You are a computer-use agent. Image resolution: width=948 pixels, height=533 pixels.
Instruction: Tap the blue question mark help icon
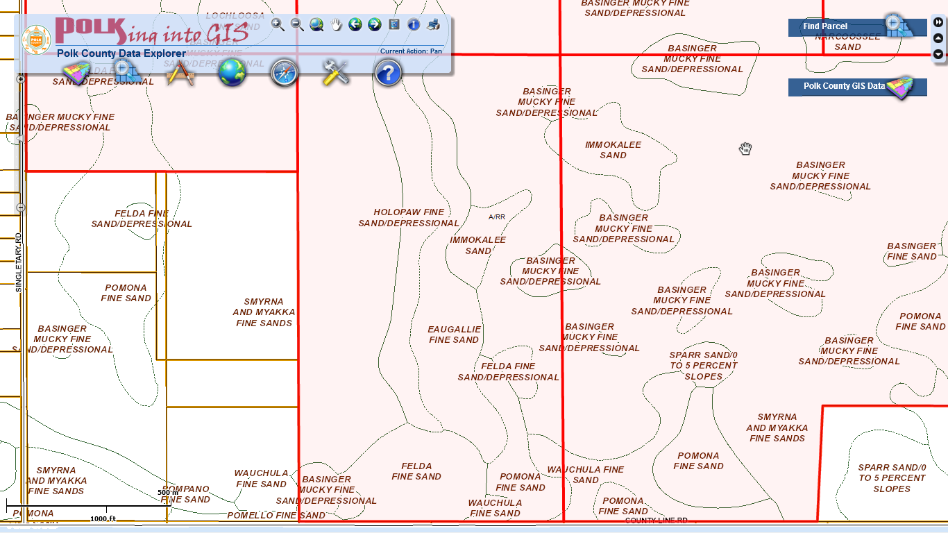tap(388, 72)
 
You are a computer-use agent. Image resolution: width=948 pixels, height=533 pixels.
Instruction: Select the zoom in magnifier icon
tap(278, 25)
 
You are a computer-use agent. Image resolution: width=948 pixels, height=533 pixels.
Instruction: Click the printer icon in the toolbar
tap(433, 25)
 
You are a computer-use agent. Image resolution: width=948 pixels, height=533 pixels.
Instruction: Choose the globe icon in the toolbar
tap(232, 72)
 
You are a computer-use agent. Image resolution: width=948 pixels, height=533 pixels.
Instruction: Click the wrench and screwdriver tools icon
tap(336, 72)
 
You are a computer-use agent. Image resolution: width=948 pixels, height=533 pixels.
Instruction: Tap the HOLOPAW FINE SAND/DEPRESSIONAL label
tap(409, 218)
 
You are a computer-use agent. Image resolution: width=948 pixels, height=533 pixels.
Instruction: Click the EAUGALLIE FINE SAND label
tap(454, 335)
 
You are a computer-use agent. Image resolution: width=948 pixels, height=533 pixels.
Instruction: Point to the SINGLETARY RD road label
tap(19, 262)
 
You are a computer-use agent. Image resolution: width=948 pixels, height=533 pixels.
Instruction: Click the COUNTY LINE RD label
tap(656, 520)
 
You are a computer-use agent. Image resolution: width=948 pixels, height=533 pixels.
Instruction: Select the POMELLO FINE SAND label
tap(276, 516)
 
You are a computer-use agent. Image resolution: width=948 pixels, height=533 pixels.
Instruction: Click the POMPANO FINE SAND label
tap(185, 494)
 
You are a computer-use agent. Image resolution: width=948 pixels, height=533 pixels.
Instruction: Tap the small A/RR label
tap(497, 217)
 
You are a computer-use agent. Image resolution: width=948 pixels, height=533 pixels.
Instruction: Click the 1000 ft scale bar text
tap(103, 518)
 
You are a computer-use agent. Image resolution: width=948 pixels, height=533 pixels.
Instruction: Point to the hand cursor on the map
tap(745, 149)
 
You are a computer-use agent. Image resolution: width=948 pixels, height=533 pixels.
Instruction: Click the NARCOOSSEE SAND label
tap(847, 42)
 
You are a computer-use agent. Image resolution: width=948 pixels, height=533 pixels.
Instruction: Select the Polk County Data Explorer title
tap(121, 53)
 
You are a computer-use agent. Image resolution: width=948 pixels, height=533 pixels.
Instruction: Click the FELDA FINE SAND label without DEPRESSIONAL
tap(416, 471)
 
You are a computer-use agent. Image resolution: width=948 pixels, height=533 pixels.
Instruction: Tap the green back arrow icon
tap(355, 25)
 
